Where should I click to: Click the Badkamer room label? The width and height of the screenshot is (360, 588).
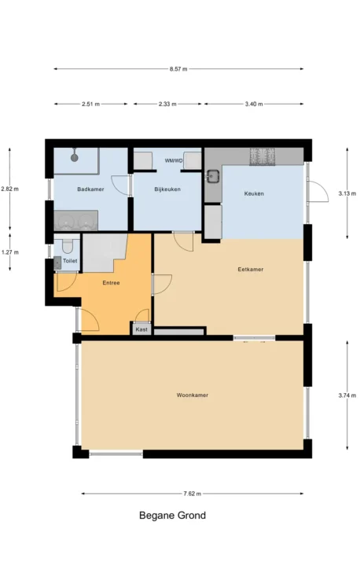click(90, 189)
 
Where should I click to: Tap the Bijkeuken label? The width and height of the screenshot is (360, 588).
click(167, 189)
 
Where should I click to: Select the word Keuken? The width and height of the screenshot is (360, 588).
click(254, 193)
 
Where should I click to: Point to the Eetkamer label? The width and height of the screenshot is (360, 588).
click(251, 270)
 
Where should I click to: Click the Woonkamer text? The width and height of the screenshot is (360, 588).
click(193, 395)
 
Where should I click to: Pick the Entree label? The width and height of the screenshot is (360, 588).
click(111, 283)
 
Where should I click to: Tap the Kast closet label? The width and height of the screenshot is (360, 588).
click(141, 329)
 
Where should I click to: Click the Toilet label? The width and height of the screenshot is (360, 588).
click(70, 261)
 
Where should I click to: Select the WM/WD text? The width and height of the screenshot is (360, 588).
click(174, 160)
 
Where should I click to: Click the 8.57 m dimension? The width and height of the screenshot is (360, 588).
click(178, 69)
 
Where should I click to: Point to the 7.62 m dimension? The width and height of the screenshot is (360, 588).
click(192, 494)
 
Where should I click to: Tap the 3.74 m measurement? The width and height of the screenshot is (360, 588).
click(347, 395)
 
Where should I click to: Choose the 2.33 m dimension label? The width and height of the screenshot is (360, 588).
click(167, 104)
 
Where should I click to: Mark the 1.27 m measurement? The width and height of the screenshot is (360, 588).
click(10, 252)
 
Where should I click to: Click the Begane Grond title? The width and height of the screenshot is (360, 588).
click(172, 515)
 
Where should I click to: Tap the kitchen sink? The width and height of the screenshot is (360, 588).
click(214, 176)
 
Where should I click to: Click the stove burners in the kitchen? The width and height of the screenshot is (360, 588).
click(263, 156)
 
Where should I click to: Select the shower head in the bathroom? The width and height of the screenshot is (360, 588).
click(75, 155)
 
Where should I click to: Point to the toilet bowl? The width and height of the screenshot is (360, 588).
click(68, 246)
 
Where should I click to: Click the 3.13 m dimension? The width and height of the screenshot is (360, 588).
click(347, 193)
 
